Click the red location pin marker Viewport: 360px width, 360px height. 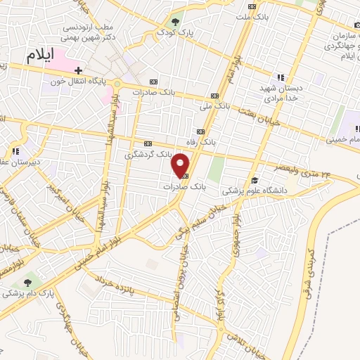point(181,165)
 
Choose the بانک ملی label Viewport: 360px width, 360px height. point(214,107)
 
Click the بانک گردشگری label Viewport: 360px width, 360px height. point(148,153)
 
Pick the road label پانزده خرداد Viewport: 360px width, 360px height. point(145,294)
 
